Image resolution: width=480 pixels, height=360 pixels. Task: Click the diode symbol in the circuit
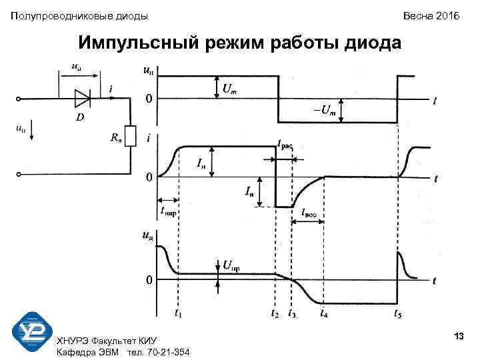(x=83, y=99)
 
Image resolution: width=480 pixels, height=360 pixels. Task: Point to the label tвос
(x=310, y=213)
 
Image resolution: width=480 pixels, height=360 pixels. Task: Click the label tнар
(x=169, y=212)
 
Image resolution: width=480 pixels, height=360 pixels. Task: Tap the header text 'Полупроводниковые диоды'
(x=79, y=15)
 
